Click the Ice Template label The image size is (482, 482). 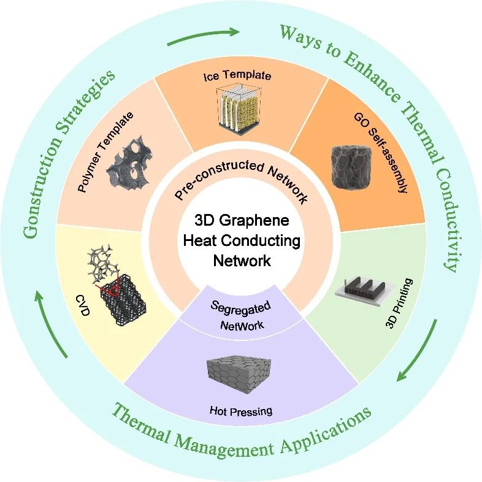(x=237, y=77)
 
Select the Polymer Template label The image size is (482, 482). (x=105, y=152)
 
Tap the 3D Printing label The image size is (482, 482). (x=400, y=302)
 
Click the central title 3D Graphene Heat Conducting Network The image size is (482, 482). (x=241, y=240)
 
